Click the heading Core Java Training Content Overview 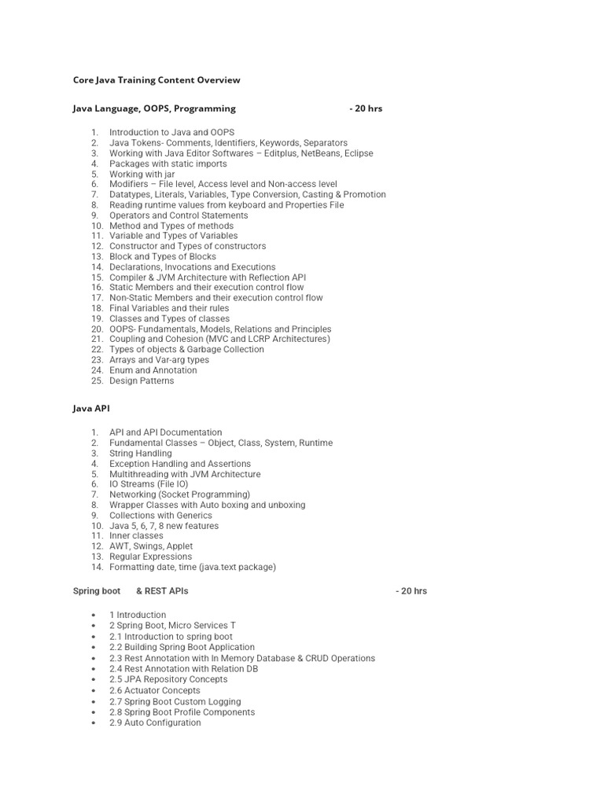(157, 80)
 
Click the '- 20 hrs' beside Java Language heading (366, 108)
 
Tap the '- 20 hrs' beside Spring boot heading (411, 590)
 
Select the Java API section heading (92, 409)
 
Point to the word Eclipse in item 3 (358, 153)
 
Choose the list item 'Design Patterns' (142, 380)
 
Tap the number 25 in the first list (97, 380)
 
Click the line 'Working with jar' (142, 174)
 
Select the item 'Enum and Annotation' (153, 370)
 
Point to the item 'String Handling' (140, 454)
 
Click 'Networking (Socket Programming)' (179, 494)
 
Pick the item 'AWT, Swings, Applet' (151, 546)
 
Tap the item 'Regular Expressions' (150, 557)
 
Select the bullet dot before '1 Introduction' (94, 615)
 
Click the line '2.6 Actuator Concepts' (155, 690)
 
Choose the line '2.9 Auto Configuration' (155, 722)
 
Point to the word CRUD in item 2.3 (315, 658)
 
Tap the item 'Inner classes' (136, 535)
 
